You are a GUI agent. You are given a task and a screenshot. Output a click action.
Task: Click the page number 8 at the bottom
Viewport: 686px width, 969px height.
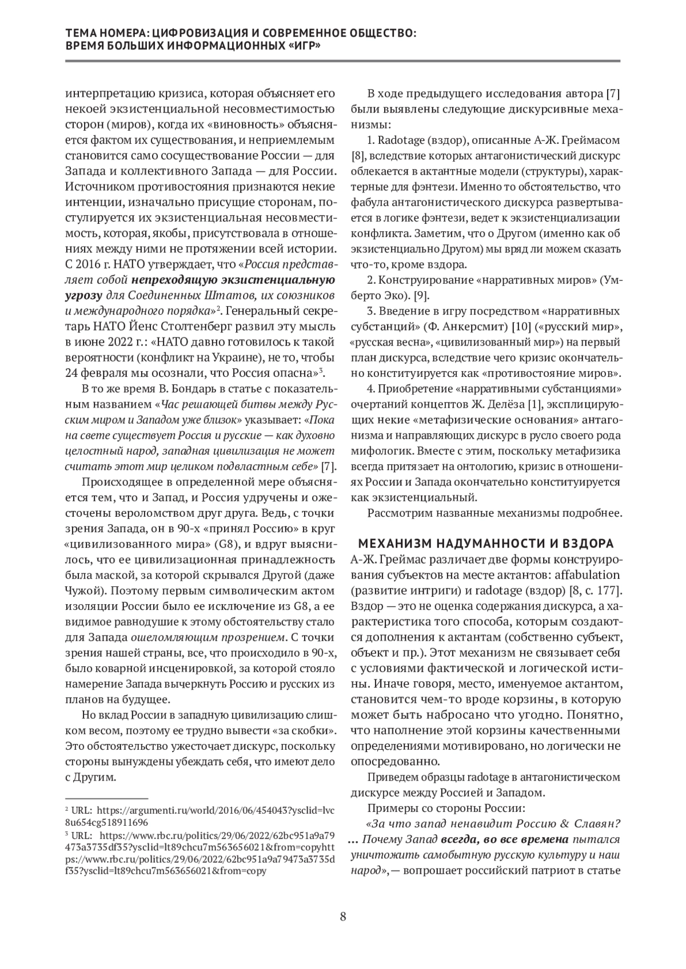click(343, 917)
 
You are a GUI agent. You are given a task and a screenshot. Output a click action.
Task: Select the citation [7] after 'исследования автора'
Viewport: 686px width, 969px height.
click(613, 94)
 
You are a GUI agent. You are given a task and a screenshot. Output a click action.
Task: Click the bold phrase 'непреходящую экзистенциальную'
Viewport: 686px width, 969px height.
click(233, 280)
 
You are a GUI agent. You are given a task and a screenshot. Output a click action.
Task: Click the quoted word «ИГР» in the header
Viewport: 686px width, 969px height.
click(301, 47)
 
